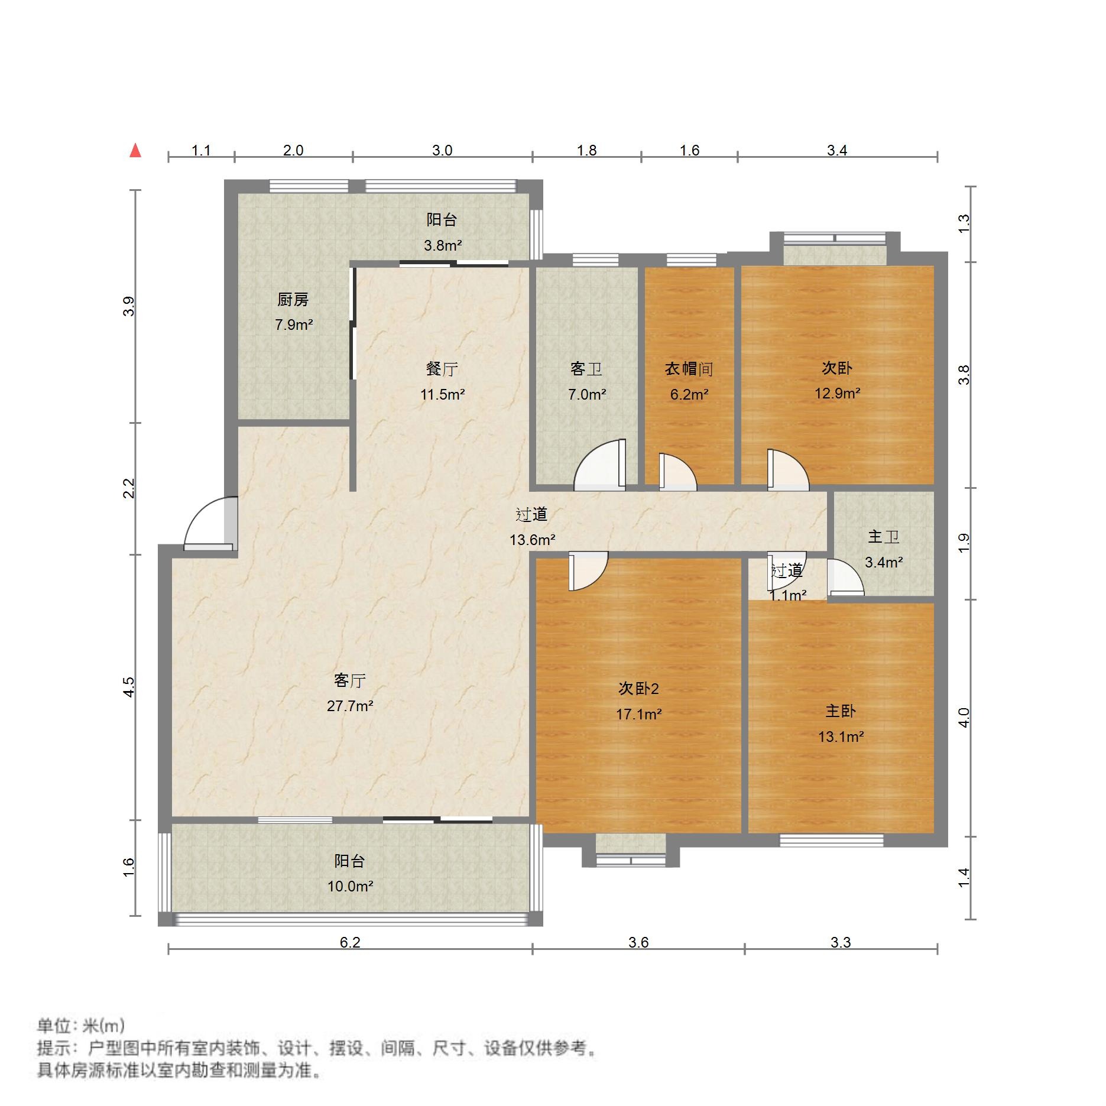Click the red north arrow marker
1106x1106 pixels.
click(x=135, y=151)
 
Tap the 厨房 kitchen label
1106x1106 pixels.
click(x=293, y=300)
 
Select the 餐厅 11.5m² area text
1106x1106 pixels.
click(x=442, y=394)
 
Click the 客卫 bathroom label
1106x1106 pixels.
click(x=586, y=369)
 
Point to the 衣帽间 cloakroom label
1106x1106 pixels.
click(x=689, y=369)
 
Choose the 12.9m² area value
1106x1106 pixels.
click(x=837, y=393)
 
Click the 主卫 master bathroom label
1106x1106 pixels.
click(x=883, y=537)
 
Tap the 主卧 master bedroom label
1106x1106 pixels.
click(x=840, y=711)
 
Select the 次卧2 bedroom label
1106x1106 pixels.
click(x=638, y=688)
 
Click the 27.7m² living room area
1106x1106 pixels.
click(x=350, y=705)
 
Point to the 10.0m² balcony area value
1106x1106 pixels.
click(x=350, y=886)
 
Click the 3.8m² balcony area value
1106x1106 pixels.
click(x=442, y=245)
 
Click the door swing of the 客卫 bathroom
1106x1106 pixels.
click(x=600, y=467)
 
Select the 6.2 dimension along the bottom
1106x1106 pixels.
click(x=350, y=942)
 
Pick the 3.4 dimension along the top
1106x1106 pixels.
click(x=837, y=150)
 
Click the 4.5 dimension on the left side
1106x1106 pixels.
click(x=129, y=687)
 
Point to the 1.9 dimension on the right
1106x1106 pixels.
click(x=964, y=543)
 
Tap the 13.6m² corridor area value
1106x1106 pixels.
click(x=532, y=539)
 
